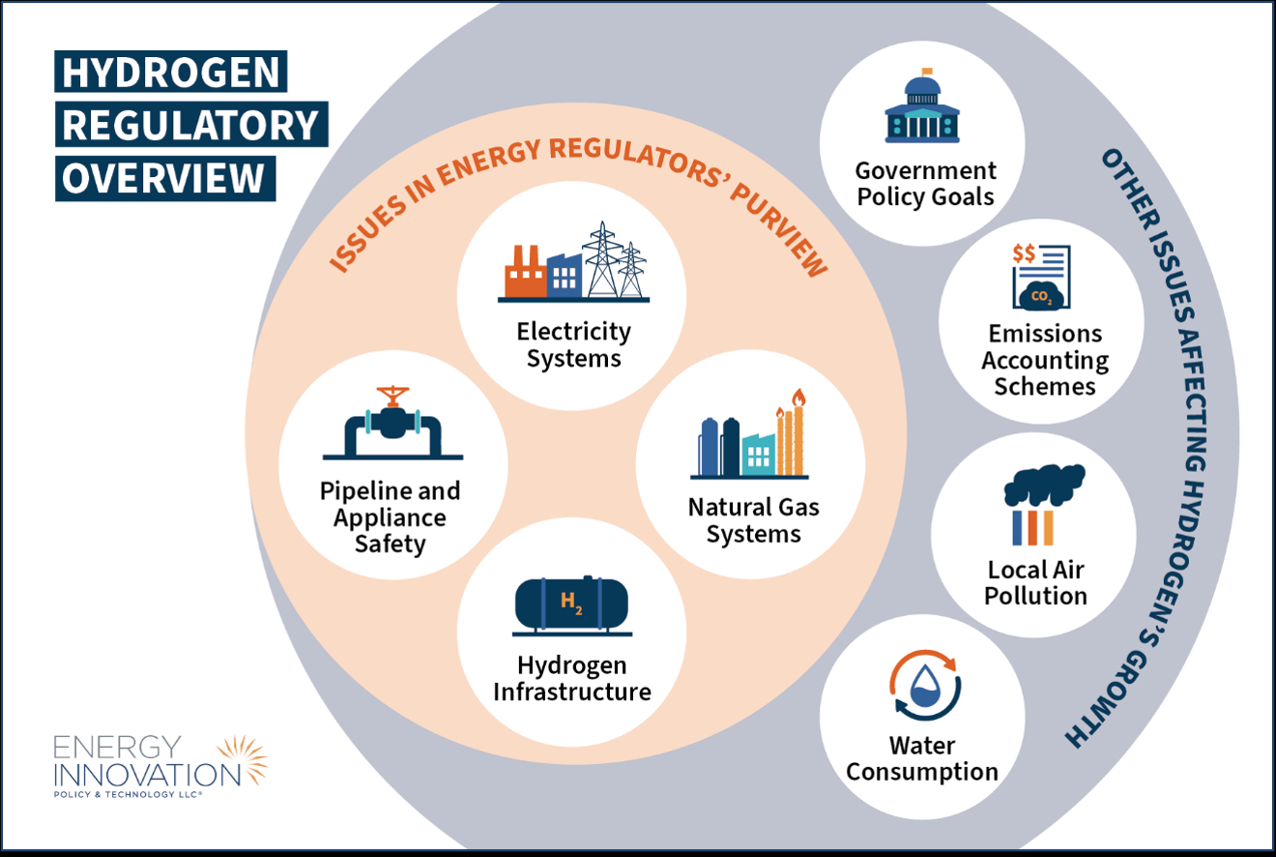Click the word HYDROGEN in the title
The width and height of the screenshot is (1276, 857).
point(172,74)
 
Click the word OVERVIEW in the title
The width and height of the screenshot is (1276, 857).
point(164,178)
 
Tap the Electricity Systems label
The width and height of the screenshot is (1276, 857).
point(572,345)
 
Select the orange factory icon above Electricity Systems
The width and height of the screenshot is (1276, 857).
point(525,273)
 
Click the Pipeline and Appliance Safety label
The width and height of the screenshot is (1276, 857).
point(390,517)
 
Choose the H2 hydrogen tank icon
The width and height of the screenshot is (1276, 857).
point(571,606)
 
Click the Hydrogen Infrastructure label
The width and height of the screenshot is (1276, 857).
point(571,679)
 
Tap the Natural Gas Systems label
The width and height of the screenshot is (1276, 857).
point(753,520)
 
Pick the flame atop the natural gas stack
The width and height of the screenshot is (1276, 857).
point(797,399)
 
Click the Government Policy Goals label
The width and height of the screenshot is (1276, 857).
point(925,184)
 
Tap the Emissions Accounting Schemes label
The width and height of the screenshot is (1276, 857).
point(1045,360)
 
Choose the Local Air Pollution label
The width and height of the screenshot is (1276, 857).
point(1035,582)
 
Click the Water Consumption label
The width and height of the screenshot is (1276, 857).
point(922,759)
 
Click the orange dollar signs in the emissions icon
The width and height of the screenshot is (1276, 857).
point(1024,253)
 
